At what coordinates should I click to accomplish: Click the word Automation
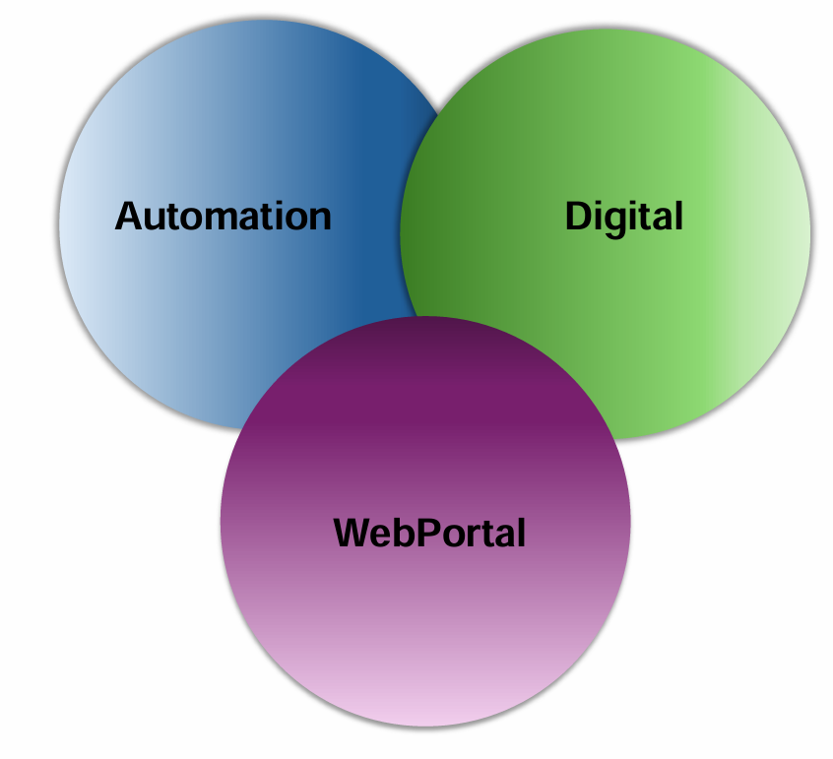tap(223, 216)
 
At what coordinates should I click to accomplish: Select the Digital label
tap(623, 216)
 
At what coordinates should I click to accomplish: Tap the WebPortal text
tap(429, 533)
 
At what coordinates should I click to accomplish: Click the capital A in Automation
tap(129, 216)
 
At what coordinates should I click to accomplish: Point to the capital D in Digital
tap(578, 216)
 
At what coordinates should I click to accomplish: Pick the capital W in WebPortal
tap(352, 533)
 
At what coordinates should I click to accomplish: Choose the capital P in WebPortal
tap(425, 533)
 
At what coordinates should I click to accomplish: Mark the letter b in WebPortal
tap(403, 533)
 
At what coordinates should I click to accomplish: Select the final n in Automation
tap(318, 218)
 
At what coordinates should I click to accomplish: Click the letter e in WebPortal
tap(381, 535)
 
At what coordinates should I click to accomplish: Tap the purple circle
tap(424, 630)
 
